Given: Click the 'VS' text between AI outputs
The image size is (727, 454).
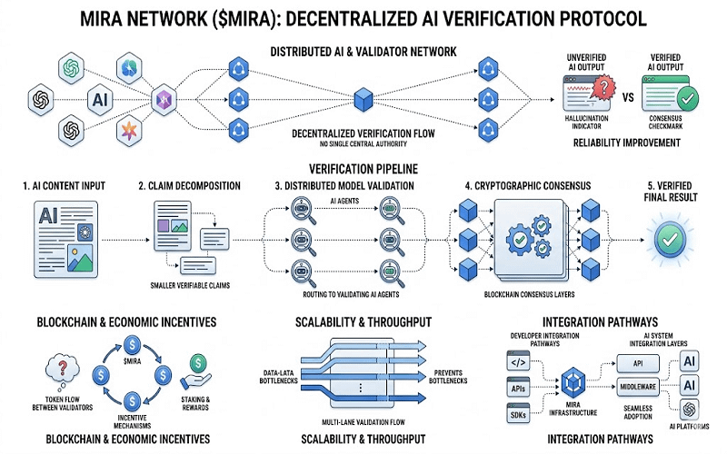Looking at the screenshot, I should (626, 94).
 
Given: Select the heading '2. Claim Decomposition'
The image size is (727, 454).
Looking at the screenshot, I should (189, 185).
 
